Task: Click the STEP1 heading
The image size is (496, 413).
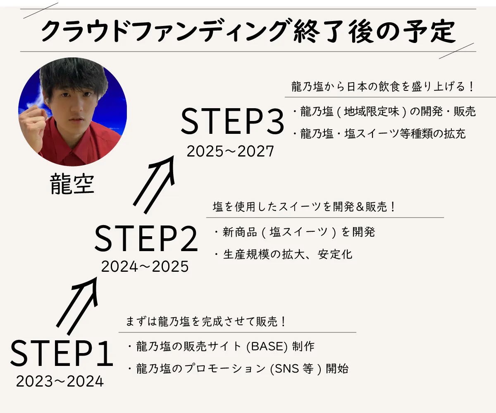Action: tap(62, 353)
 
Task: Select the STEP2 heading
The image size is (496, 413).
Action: tap(146, 238)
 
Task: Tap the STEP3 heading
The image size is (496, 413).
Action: tap(232, 121)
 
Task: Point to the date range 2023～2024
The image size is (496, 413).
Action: tap(60, 382)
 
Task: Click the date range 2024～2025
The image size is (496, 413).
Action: tap(145, 266)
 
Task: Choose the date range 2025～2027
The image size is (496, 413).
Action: tap(230, 151)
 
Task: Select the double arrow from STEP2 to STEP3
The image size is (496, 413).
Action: tap(154, 185)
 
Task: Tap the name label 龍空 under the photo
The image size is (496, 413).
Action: tap(72, 184)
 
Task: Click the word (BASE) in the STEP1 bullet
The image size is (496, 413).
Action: tap(267, 347)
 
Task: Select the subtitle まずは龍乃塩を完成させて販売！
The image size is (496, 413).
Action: tap(206, 322)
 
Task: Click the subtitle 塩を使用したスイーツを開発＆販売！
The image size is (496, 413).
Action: tap(304, 206)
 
